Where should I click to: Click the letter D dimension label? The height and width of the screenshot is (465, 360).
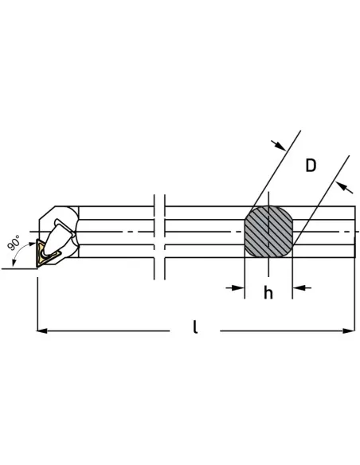pos(311,166)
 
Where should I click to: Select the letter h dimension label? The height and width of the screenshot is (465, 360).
pos(268,293)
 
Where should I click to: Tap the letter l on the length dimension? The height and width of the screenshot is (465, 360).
pos(195,326)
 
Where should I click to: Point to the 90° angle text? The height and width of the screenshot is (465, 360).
pos(14,243)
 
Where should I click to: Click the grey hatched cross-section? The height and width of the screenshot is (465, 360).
pos(268,232)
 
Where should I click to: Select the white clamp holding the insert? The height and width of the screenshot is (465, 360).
pos(59,237)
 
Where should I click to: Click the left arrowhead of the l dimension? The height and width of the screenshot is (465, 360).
pos(41,330)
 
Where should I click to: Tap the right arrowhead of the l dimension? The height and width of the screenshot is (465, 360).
pos(349,330)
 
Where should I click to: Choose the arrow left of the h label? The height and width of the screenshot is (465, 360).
pos(235,287)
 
